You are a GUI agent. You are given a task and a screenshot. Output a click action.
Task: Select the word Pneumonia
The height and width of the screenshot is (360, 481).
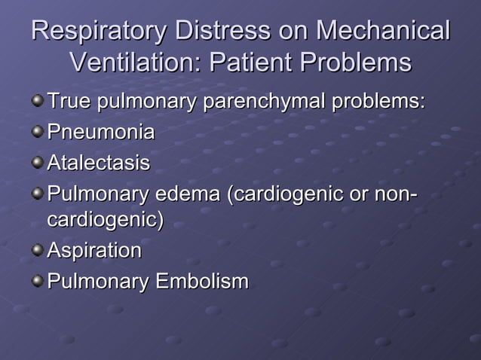101,133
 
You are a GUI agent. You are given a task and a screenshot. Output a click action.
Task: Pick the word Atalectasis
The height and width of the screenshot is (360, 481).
99,163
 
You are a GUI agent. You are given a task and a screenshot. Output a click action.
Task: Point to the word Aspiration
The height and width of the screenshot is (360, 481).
94,250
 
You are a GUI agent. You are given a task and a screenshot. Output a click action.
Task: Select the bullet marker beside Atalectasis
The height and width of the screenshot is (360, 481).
38,163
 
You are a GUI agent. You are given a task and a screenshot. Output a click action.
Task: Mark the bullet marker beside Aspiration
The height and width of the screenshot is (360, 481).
38,251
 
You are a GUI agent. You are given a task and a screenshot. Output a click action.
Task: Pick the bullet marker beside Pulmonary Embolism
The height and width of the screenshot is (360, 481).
38,281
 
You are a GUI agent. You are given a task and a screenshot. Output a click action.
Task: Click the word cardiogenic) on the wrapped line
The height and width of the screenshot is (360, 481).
106,221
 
